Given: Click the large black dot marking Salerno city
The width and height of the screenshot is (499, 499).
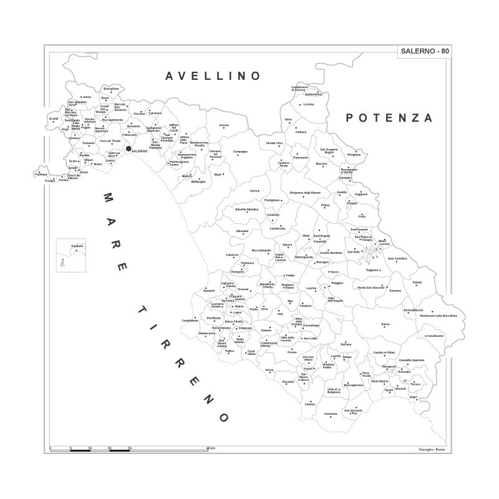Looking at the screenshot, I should point(128,148).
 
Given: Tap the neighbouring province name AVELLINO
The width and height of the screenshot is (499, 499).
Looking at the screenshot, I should point(212,76).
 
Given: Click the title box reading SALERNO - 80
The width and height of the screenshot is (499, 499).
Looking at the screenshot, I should point(423,52).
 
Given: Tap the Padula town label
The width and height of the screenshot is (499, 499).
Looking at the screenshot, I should point(417,282).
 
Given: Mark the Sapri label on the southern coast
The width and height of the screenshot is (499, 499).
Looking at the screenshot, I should point(413,396).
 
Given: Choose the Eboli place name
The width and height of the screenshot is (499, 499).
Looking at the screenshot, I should point(218,175).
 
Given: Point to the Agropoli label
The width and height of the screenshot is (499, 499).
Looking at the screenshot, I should point(209,291).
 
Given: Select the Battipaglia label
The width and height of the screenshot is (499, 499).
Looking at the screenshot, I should point(198,182).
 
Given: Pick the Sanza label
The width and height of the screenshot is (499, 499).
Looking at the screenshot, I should point(385,324).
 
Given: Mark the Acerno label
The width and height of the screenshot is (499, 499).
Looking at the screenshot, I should point(224,125).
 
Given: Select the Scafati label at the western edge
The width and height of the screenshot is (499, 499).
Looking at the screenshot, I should point(54,119).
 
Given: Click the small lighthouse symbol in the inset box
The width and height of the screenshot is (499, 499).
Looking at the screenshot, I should point(62,263).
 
